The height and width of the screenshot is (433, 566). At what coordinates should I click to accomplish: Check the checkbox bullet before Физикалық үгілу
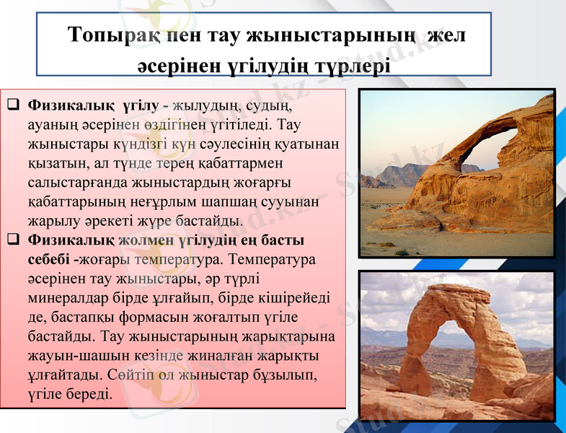point(13,105)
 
